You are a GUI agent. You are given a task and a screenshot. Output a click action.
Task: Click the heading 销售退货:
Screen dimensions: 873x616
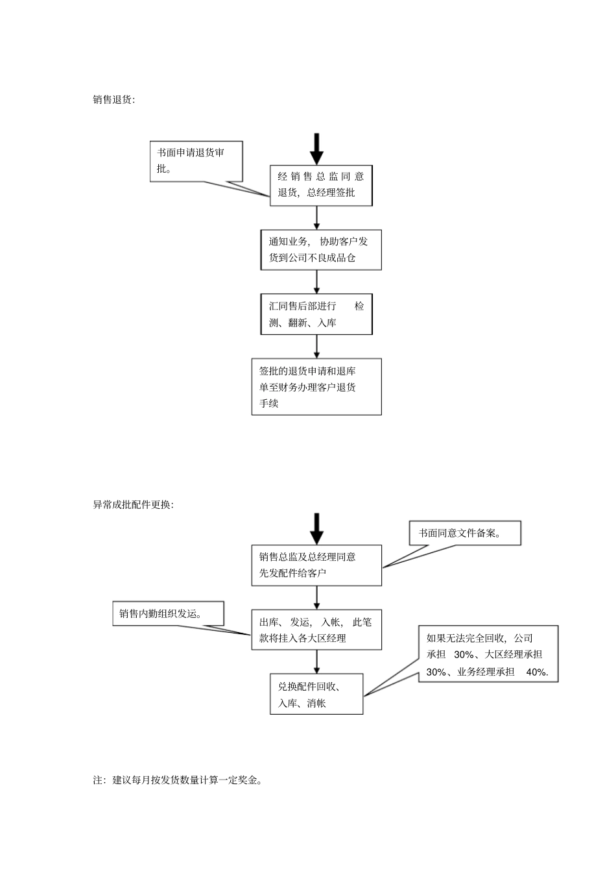(114, 100)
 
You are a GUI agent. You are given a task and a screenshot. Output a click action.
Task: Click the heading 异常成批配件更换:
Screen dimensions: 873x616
(133, 505)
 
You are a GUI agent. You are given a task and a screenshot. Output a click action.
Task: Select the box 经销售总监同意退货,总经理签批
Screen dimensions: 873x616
(321, 185)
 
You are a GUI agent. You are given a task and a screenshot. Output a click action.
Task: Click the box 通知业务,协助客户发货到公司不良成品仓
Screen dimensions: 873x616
(320, 250)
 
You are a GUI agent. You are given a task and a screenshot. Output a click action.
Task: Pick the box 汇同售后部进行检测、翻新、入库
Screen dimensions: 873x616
(316, 315)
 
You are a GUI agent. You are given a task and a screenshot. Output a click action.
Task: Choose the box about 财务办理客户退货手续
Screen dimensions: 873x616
(316, 387)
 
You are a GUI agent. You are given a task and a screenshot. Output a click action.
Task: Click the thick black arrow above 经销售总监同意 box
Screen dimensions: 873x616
(316, 149)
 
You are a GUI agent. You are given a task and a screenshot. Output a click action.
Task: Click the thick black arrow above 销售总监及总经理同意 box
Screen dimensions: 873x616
(316, 528)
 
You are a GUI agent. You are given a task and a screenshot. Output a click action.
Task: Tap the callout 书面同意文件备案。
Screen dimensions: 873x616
(464, 533)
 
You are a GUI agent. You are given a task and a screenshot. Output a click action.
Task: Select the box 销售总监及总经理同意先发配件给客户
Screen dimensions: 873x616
(316, 565)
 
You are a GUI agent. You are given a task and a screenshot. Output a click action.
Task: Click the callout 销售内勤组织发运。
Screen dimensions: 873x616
(168, 613)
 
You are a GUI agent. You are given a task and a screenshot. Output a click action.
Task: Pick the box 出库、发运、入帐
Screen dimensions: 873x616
(316, 630)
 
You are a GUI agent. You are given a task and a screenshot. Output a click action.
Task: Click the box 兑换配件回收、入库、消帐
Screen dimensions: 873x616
(316, 695)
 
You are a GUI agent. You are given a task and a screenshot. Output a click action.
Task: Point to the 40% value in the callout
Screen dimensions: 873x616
(537, 672)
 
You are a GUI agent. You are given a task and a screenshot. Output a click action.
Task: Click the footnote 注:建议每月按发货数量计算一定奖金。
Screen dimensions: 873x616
(178, 780)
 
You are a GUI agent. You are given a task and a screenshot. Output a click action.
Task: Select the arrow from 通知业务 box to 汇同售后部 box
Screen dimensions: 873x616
(316, 282)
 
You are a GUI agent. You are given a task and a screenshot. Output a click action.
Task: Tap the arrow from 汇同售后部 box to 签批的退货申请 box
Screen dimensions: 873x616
(316, 347)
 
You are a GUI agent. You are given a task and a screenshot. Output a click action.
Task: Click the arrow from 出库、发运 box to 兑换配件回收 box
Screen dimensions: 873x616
(316, 661)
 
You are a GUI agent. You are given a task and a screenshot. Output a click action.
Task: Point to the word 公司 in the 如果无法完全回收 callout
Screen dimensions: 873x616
(523, 639)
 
